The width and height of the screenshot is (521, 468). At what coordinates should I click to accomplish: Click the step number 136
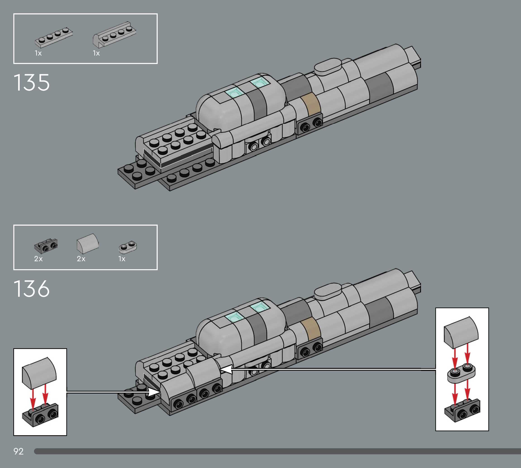[x=31, y=288]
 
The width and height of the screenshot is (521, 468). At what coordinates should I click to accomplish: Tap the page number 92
[x=19, y=451]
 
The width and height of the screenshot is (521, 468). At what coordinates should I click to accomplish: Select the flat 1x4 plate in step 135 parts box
[x=54, y=38]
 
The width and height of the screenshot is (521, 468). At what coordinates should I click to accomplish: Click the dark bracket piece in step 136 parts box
[x=46, y=246]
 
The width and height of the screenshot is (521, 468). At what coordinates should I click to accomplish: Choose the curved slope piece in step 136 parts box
[x=87, y=243]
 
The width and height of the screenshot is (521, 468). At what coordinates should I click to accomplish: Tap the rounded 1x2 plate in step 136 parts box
[x=128, y=247]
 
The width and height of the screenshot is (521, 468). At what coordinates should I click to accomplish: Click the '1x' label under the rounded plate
[x=122, y=259]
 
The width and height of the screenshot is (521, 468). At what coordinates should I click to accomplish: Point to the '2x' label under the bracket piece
[x=38, y=259]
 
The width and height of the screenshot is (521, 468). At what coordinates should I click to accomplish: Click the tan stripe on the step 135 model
[x=311, y=104]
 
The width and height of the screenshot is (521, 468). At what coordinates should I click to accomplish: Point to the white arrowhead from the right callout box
[x=226, y=370]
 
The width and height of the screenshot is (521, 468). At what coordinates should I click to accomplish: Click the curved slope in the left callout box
[x=39, y=373]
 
